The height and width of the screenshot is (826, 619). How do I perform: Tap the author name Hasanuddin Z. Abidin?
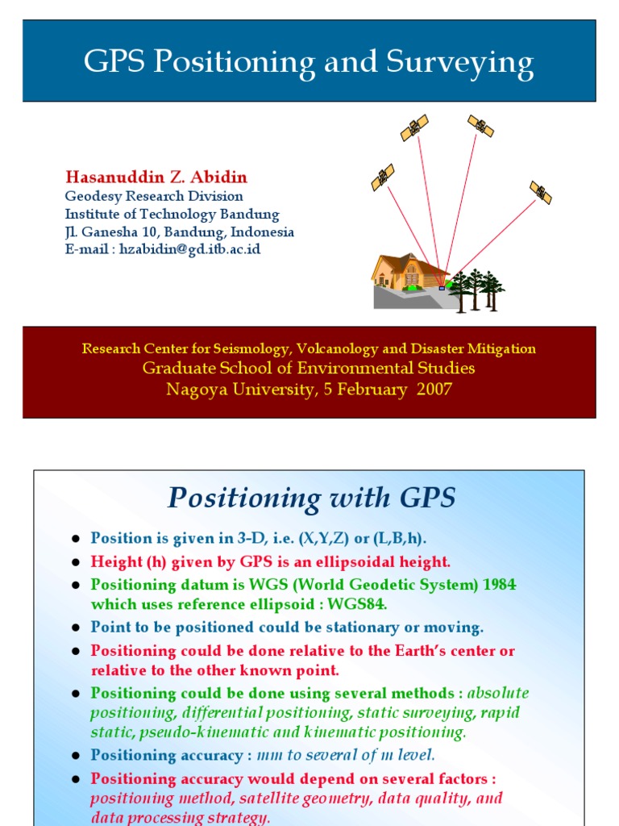point(156,177)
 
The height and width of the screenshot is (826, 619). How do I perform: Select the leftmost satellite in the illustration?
point(382,177)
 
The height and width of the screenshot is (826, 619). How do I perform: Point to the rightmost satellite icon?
point(541,192)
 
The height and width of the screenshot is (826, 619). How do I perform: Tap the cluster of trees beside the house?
point(476,290)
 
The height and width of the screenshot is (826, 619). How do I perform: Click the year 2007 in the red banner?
point(434,390)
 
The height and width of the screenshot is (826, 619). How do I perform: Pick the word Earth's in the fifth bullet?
point(419,651)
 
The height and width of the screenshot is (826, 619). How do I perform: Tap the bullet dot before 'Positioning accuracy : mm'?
point(75,757)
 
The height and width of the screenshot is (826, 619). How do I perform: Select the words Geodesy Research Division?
point(154,196)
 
